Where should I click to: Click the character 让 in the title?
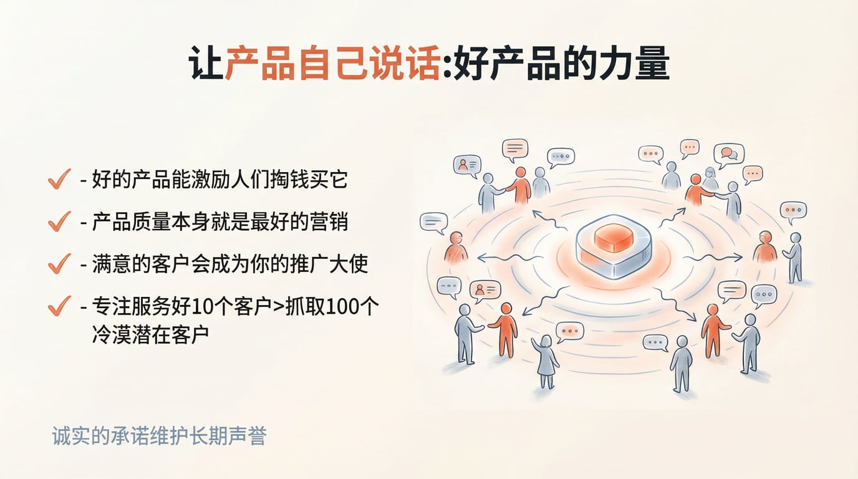click(x=206, y=65)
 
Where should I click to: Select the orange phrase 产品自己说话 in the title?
click(x=332, y=65)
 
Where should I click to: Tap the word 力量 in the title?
click(x=632, y=65)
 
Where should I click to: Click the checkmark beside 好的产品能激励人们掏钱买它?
click(x=59, y=180)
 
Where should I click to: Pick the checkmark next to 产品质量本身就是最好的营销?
click(x=59, y=221)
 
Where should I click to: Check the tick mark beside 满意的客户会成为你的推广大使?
click(x=59, y=264)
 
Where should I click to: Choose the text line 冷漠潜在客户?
click(x=150, y=335)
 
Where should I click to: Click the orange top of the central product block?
click(x=613, y=236)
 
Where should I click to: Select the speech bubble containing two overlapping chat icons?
click(x=729, y=153)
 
